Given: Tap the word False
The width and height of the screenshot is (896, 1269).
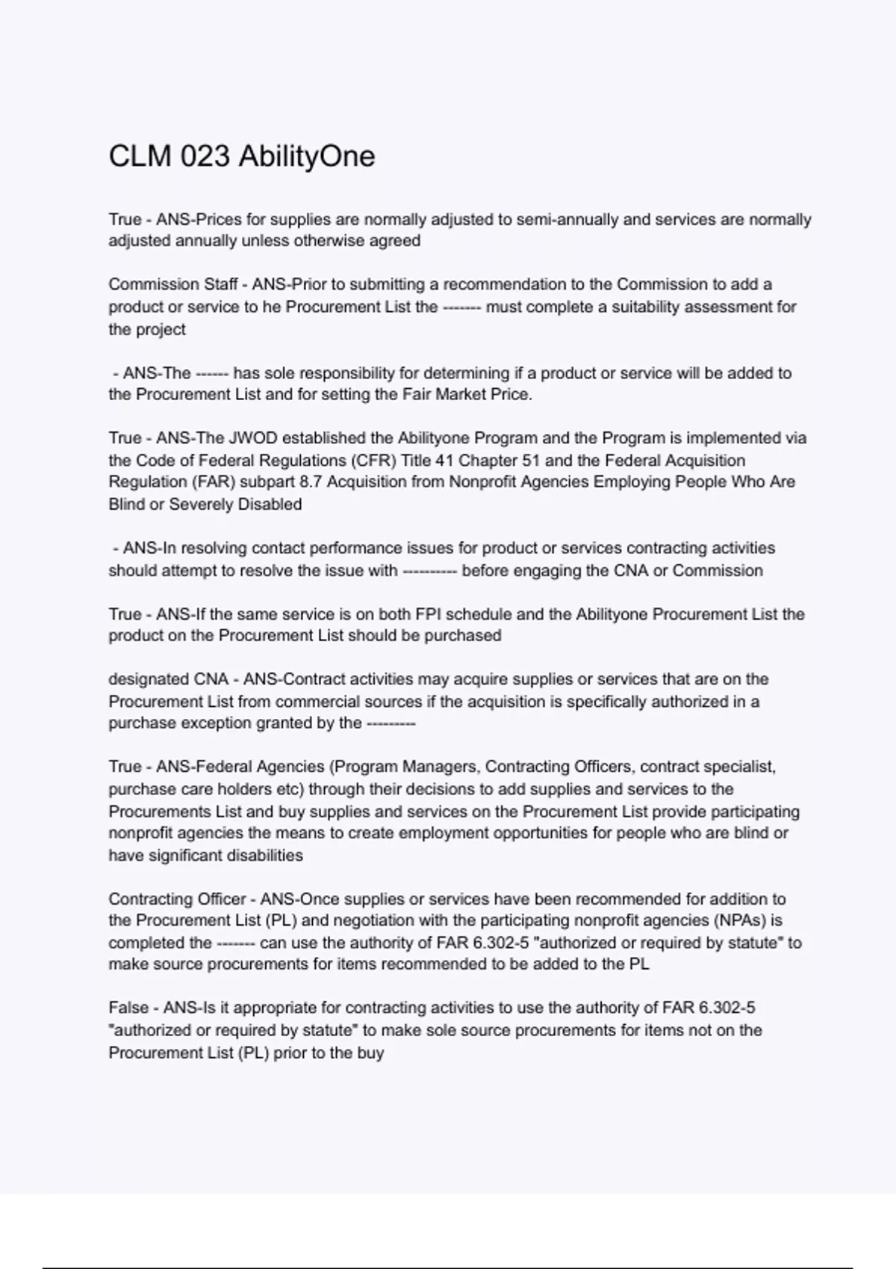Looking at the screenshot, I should coord(128,1008).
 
